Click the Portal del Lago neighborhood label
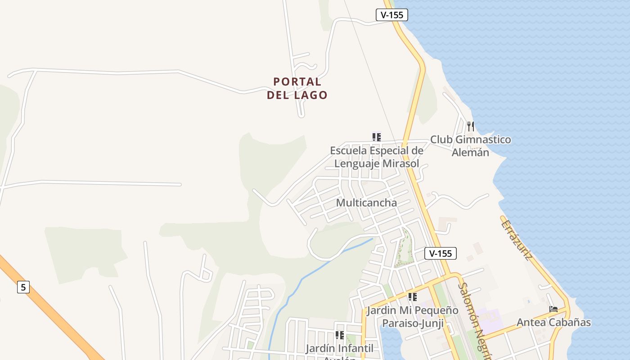[297, 88]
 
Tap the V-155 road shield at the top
[391, 15]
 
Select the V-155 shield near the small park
[441, 253]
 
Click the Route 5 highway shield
[23, 287]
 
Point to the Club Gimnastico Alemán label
[470, 146]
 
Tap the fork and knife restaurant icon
[470, 126]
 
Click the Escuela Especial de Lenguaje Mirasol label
[377, 157]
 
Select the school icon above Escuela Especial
[377, 137]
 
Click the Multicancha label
[366, 202]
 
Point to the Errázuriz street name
[517, 240]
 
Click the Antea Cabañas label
[553, 322]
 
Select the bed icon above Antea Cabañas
[553, 309]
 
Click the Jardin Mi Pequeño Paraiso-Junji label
[412, 317]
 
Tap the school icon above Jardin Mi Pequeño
[412, 297]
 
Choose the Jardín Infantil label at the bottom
[339, 349]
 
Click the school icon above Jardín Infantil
[339, 335]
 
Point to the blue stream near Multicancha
[315, 270]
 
